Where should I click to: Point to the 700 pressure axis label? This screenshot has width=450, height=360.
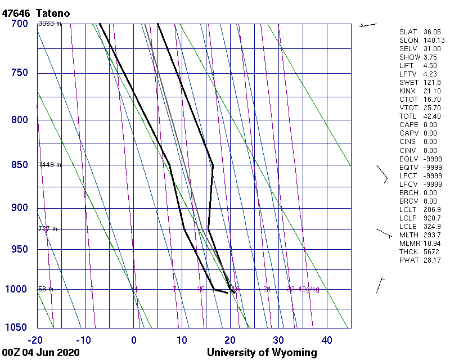click(x=20, y=24)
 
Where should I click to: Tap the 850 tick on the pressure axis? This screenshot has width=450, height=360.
click(x=20, y=165)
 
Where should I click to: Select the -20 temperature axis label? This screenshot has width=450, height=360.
click(x=35, y=340)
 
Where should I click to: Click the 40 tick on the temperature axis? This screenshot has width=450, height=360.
click(x=327, y=340)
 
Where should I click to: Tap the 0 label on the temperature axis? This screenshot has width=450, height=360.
click(x=134, y=340)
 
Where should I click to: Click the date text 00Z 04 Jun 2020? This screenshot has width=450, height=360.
click(x=40, y=353)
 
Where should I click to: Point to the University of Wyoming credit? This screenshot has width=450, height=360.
click(x=262, y=353)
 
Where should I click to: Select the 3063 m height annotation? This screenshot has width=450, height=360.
click(x=49, y=24)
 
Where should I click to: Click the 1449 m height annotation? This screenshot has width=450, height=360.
click(x=49, y=165)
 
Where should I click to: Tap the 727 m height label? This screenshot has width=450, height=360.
click(x=48, y=229)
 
